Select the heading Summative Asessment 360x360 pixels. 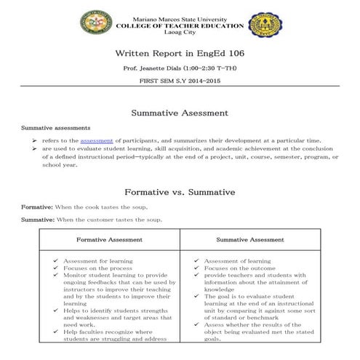click(x=180, y=113)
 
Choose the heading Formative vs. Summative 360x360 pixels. click(x=180, y=192)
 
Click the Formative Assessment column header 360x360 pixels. click(x=109, y=239)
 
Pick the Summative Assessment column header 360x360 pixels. click(x=249, y=239)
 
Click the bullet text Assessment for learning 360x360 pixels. click(x=95, y=260)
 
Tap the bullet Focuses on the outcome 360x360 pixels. click(x=235, y=268)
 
